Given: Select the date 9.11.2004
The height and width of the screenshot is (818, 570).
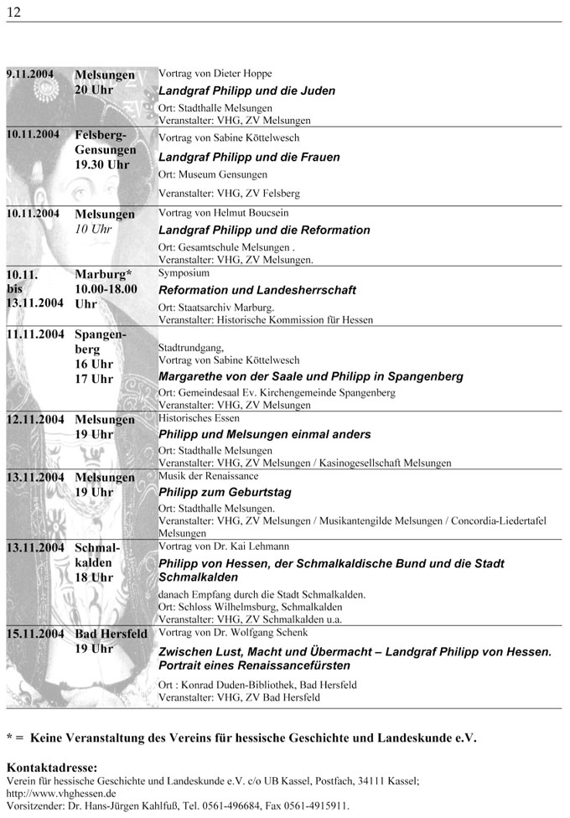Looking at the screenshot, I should click(x=30, y=75).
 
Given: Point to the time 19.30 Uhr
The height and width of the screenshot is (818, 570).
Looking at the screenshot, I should click(x=101, y=164).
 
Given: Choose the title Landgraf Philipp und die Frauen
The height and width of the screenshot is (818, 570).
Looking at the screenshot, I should click(x=249, y=157).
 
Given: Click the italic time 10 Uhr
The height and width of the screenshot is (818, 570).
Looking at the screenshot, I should click(x=93, y=229).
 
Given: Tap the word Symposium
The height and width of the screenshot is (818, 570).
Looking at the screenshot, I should click(x=184, y=273).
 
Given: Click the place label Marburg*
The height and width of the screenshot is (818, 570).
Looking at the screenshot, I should click(x=104, y=274).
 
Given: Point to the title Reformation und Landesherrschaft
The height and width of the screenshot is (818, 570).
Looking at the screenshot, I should click(x=245, y=290).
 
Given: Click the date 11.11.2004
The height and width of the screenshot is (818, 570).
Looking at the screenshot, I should click(x=36, y=334).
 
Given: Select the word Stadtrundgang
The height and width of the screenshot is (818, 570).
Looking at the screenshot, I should click(x=190, y=345).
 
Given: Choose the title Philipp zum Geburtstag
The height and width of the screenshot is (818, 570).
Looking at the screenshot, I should click(x=225, y=492).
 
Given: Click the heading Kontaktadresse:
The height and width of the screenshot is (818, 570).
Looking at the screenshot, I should click(x=51, y=766).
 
